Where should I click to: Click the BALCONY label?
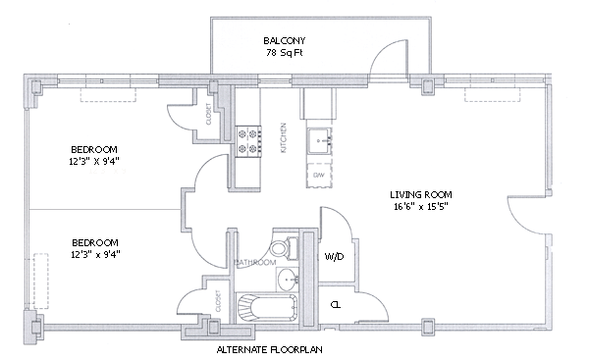pos(284,40)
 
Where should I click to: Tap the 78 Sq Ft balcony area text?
pos(284,53)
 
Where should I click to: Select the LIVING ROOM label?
pos(421,194)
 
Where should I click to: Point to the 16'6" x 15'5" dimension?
pos(421,206)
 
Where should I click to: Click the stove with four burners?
pos(248,141)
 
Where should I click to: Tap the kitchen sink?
pos(319,141)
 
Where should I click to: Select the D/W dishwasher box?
pos(319,175)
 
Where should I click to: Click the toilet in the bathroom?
pos(284,248)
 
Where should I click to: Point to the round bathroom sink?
pos(289,280)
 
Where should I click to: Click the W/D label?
pos(334,257)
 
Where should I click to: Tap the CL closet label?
pos(336,305)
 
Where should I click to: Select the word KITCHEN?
pos(284,137)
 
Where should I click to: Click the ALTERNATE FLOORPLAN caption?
pos(269,350)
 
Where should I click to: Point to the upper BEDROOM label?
pos(94,149)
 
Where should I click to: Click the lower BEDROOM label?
pos(95,242)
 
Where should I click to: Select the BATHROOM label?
pos(255,263)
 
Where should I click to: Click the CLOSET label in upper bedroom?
pos(208,114)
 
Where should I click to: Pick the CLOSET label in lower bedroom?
pos(218,301)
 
